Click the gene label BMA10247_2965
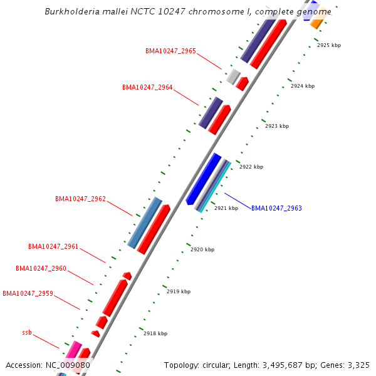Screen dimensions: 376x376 170,51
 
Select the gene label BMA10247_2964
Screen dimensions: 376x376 147,88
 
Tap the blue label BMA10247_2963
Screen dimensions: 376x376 276,208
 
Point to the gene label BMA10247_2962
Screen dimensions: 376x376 80,199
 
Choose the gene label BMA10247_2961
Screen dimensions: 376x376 53,246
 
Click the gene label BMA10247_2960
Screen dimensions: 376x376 41,268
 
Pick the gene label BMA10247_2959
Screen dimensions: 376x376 28,293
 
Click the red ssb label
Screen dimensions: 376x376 26,332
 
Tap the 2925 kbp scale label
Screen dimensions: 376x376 329,46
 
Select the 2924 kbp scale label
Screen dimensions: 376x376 303,86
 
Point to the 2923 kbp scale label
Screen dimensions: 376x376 277,127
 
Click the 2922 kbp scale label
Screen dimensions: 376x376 251,167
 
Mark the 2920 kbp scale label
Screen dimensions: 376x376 202,249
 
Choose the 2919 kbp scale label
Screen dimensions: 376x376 179,291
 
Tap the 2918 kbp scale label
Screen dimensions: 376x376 155,334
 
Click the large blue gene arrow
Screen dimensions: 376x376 204,178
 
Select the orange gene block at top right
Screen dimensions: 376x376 318,23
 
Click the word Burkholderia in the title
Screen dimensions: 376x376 71,12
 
